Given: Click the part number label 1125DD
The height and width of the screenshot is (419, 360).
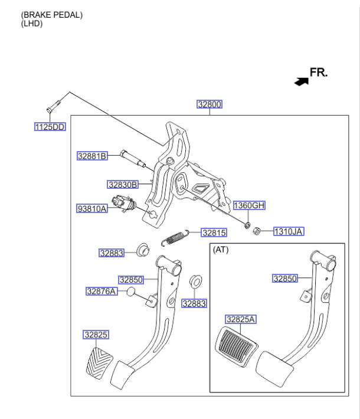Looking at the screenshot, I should point(50,127).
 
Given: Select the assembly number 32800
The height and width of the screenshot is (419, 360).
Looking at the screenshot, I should point(210,104).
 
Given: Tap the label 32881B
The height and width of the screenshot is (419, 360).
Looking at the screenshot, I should point(92,156).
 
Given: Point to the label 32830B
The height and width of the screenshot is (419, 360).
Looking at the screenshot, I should point(122,185).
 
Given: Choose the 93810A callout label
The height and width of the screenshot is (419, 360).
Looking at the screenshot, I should point(92,208).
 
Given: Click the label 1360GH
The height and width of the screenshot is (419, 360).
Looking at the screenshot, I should point(249,205).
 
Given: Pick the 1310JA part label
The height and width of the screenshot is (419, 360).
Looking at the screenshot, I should point(288,232).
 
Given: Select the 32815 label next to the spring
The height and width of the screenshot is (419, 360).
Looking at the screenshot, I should point(214,233).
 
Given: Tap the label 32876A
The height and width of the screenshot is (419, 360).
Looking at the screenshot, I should point(101,291).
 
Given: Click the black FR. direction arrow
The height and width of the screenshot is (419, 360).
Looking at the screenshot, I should point(301,81).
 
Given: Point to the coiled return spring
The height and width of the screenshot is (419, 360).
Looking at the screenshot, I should point(174,238).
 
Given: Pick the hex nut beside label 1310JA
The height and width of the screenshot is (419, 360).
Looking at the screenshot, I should point(257,232).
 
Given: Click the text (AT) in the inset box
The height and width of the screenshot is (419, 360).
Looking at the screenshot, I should point(221,250).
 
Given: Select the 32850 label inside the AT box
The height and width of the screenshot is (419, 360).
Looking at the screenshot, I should point(284,279).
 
